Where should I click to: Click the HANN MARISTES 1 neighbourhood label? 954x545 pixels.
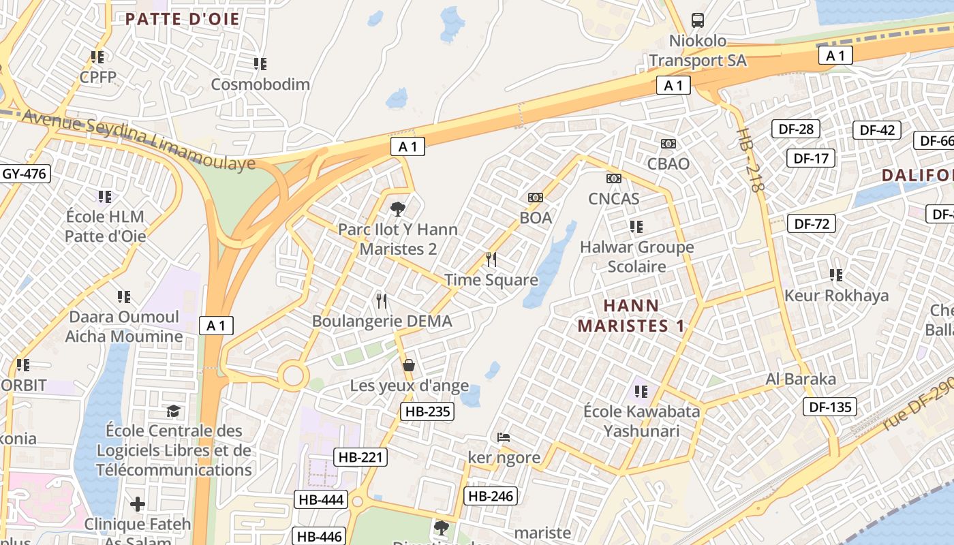click(x=631, y=315)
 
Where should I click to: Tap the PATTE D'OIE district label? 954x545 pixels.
click(x=183, y=18)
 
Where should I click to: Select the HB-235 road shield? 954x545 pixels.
click(x=429, y=411)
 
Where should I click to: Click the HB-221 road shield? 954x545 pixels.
click(x=360, y=457)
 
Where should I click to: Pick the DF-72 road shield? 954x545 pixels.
click(x=812, y=223)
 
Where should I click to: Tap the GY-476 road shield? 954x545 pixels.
click(x=25, y=174)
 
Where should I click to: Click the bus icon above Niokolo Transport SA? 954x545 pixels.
click(x=698, y=20)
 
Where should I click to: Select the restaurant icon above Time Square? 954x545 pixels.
click(x=491, y=260)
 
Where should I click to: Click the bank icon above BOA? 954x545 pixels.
click(x=536, y=198)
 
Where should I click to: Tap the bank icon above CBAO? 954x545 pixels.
click(x=668, y=144)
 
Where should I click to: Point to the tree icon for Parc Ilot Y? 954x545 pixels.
click(x=398, y=209)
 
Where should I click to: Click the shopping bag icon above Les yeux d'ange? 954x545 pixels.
click(x=409, y=365)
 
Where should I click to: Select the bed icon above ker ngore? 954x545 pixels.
click(x=504, y=437)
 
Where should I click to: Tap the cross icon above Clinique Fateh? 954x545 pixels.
click(x=138, y=504)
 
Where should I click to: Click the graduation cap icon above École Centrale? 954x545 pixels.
click(x=174, y=411)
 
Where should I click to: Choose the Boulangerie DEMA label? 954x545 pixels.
click(x=382, y=321)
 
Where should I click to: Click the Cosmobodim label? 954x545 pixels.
click(x=260, y=84)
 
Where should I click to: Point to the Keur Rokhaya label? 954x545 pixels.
click(x=836, y=296)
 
